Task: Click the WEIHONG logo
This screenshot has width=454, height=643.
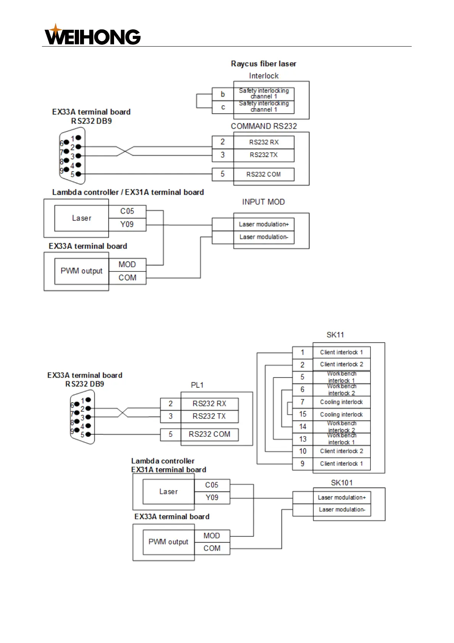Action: (x=93, y=35)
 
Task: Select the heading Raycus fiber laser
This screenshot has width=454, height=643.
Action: (x=263, y=64)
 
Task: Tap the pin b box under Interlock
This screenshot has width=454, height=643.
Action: (x=223, y=94)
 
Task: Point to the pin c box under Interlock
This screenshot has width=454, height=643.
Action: (x=223, y=107)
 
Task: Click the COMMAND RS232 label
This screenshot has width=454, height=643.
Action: (x=264, y=126)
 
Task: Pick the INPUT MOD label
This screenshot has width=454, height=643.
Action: (x=263, y=202)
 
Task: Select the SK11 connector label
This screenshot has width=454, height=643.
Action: (x=335, y=335)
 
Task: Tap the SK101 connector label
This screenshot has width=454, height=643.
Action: (x=341, y=483)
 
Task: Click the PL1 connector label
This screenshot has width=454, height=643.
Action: (x=197, y=385)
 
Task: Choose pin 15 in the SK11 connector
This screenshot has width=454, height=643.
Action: (x=303, y=414)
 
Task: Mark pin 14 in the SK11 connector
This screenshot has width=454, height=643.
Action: (x=303, y=427)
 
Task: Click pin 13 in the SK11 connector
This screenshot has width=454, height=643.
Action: (x=303, y=439)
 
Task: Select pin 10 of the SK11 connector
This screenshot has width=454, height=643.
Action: (x=303, y=451)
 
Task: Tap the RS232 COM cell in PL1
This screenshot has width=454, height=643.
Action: (x=209, y=435)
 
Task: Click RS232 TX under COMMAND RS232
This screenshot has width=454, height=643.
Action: (x=264, y=155)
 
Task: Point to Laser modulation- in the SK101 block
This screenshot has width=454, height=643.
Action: (x=342, y=510)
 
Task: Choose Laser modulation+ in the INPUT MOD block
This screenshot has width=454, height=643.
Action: (x=264, y=225)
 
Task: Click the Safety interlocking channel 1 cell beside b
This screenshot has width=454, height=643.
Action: (x=264, y=94)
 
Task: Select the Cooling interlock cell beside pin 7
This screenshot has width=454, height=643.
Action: (x=341, y=402)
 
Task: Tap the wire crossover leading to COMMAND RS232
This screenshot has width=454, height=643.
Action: (x=125, y=151)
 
